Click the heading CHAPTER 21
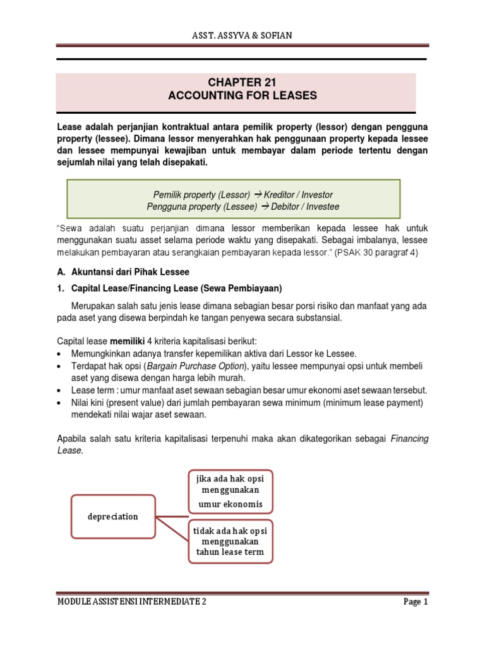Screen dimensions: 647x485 click(242, 83)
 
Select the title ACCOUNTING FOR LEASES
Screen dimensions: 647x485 click(242, 96)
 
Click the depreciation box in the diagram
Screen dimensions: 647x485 click(113, 516)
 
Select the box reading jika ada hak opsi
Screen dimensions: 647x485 click(231, 490)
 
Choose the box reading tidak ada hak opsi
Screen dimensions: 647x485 click(231, 541)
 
